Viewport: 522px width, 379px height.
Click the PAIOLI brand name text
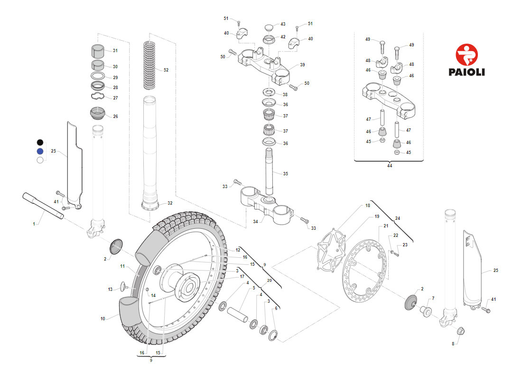click(466, 72)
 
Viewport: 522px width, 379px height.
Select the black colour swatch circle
click(40, 142)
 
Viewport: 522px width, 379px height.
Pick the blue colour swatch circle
click(40, 151)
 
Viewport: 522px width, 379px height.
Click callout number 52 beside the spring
click(166, 70)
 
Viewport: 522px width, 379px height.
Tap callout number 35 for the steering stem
click(286, 174)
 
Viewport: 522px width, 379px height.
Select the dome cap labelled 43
click(269, 26)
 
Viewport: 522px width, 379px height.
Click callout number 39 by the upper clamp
click(302, 65)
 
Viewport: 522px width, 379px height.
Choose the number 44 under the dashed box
click(390, 166)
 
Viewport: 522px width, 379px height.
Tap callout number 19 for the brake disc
click(377, 217)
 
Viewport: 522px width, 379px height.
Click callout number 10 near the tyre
click(103, 319)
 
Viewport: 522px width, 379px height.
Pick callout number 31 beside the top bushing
click(115, 51)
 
